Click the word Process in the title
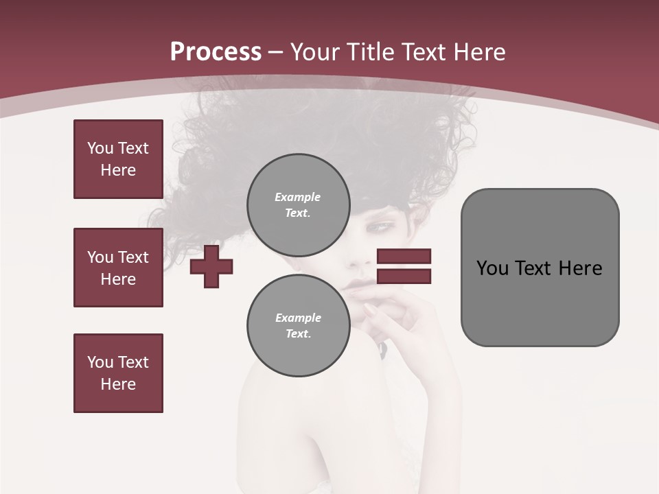(x=216, y=52)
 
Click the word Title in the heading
(x=371, y=52)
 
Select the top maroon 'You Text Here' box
(x=118, y=159)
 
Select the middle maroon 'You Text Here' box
(x=118, y=268)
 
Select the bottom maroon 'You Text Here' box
(x=118, y=373)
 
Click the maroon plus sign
(x=211, y=267)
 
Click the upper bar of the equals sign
(x=404, y=256)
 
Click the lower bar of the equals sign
(x=404, y=277)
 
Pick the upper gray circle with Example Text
(x=298, y=204)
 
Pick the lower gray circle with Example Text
(x=298, y=325)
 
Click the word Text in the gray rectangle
(x=533, y=268)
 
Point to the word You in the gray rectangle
(x=492, y=268)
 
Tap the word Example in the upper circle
(x=298, y=197)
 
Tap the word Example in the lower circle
(x=298, y=318)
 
